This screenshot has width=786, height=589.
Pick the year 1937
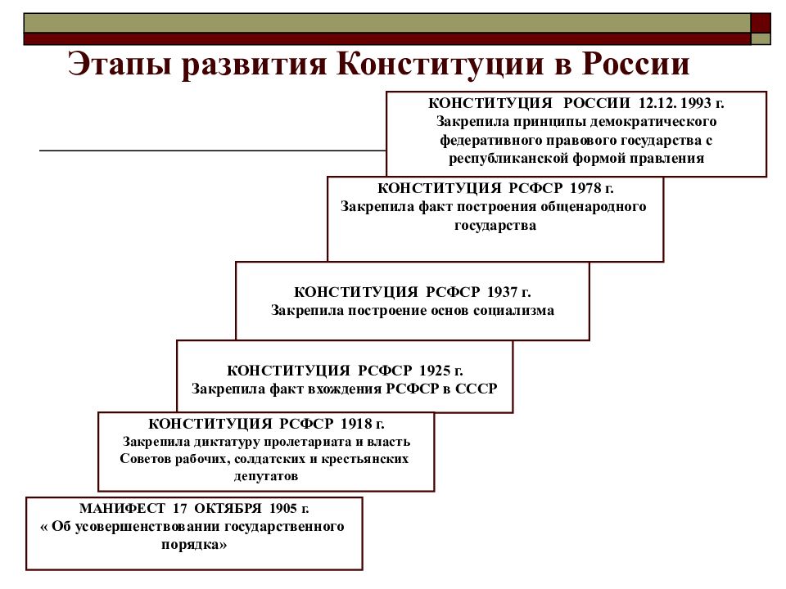(503, 292)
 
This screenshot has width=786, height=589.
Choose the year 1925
(435, 371)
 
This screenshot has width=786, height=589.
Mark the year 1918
(356, 424)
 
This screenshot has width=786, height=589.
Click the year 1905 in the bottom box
(283, 508)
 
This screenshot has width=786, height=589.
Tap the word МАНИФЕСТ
(122, 508)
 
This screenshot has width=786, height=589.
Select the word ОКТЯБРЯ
(228, 508)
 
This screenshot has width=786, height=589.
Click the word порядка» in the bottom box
(194, 545)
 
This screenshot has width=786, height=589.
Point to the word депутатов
(266, 476)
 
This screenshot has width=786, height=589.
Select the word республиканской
(508, 159)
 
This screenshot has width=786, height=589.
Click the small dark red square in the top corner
(761, 23)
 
